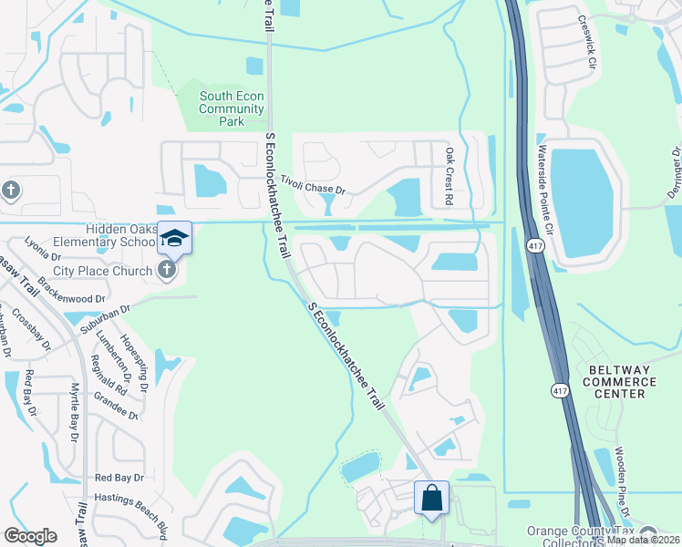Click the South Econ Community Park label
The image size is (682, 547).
[232, 108]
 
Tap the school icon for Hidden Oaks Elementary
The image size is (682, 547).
[174, 239]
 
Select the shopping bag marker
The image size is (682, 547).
[431, 499]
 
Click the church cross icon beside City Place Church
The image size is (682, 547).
[165, 269]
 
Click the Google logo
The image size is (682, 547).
[31, 536]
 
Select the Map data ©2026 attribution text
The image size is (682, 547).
[643, 540]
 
